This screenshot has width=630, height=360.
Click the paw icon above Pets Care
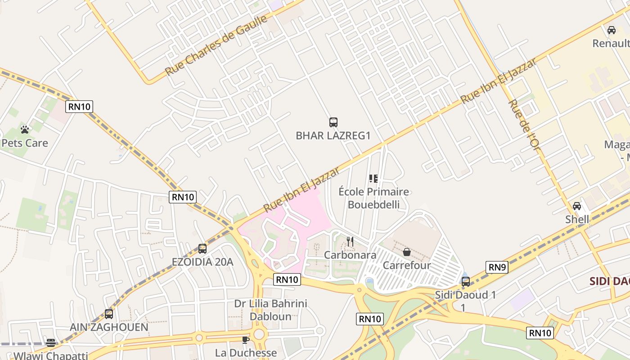point(25,130)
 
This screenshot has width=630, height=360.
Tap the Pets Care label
point(25,143)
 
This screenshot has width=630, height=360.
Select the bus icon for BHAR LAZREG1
point(333,122)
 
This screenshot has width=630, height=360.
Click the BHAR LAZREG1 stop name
point(333,135)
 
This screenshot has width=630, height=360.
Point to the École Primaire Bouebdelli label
point(373,198)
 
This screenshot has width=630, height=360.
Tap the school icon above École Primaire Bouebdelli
point(373,179)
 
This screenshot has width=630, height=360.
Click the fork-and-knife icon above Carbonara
point(350,242)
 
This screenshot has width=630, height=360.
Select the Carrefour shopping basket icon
point(406,252)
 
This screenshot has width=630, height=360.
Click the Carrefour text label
point(406,265)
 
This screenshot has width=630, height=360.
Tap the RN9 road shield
point(497,267)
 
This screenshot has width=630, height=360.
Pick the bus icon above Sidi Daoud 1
point(466,282)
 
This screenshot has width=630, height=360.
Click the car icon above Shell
point(577,206)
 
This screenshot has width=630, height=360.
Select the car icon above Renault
point(611,30)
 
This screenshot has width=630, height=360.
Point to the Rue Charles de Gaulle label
point(216,45)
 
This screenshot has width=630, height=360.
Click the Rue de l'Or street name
point(523,124)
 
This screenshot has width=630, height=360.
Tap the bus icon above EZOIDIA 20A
point(202,248)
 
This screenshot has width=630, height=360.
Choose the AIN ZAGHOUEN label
point(109,327)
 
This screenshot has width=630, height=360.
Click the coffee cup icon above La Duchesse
point(245,340)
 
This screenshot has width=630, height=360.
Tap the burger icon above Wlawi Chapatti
point(51,343)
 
